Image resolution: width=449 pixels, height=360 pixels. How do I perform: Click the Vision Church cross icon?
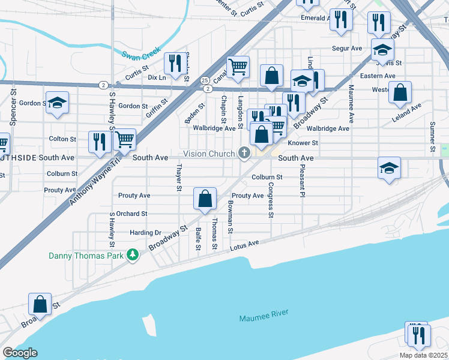click(x=244, y=154)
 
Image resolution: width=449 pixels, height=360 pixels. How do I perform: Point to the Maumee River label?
click(x=264, y=315)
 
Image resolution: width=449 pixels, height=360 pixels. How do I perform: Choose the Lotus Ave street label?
click(x=244, y=245)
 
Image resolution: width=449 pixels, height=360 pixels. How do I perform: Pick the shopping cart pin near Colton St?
click(x=124, y=139)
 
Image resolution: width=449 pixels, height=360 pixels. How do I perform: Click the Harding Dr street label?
click(x=146, y=233)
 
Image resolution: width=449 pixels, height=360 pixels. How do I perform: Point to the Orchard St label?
click(x=132, y=214)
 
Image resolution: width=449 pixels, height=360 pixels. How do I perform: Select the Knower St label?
click(x=303, y=143)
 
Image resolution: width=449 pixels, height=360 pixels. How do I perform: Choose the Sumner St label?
click(x=432, y=136)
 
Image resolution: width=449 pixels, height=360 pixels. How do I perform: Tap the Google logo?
click(x=20, y=353)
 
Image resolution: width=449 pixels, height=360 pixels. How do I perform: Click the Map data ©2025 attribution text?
click(x=423, y=355)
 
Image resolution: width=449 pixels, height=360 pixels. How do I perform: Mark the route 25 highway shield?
click(x=205, y=80)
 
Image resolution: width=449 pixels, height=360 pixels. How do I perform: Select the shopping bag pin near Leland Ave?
click(x=400, y=92)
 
